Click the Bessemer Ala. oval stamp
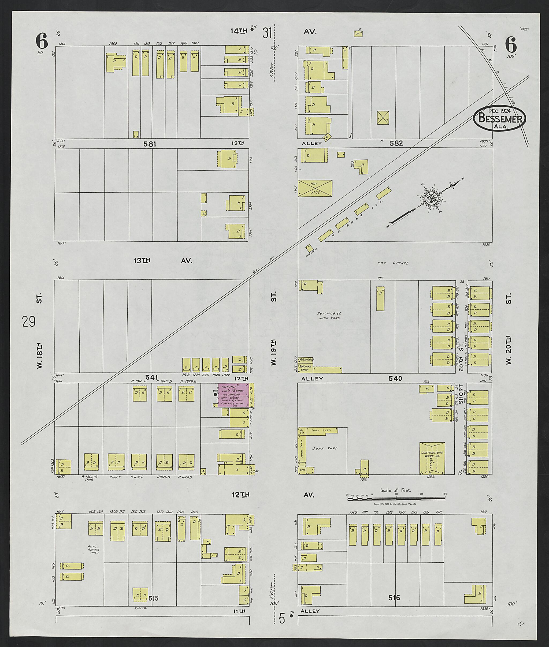point(499,118)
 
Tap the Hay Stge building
point(315,188)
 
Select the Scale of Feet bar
point(396,498)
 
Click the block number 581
point(149,144)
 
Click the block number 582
point(396,143)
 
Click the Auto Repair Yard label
point(94,549)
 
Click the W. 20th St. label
point(509,330)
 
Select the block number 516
point(394,597)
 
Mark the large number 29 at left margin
point(29,321)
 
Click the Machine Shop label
point(306,368)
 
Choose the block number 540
point(395,379)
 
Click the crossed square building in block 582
point(383,118)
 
